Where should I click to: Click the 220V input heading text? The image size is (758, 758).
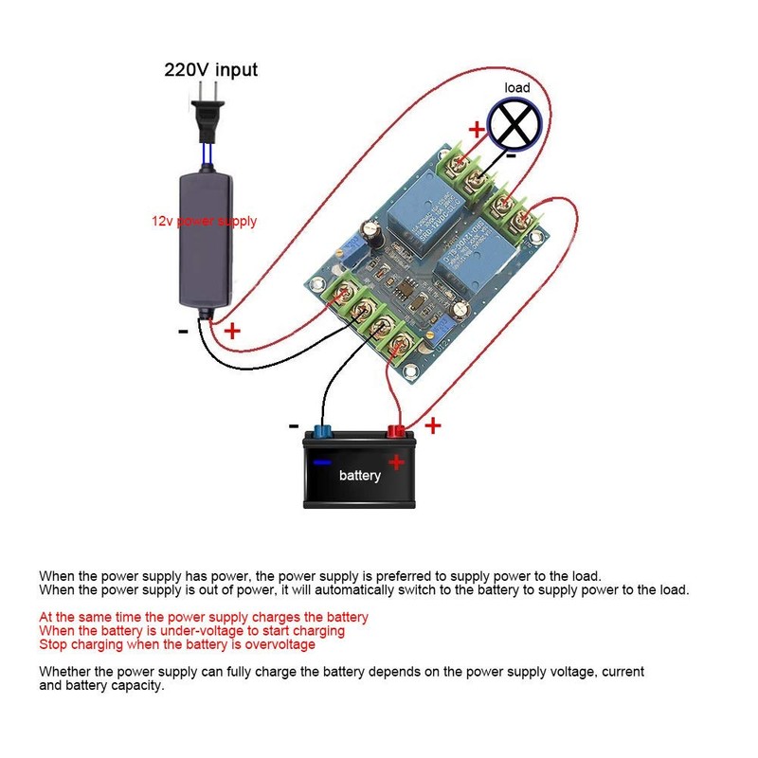210,69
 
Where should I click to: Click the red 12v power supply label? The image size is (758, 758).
205,221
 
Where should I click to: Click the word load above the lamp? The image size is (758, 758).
517,88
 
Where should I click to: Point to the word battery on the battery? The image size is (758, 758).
360,475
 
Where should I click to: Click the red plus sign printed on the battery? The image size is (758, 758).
396,462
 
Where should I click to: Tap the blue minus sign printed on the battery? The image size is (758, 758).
322,462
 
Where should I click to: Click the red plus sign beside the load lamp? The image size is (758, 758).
476,129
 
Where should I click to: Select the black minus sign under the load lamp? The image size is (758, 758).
510,154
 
